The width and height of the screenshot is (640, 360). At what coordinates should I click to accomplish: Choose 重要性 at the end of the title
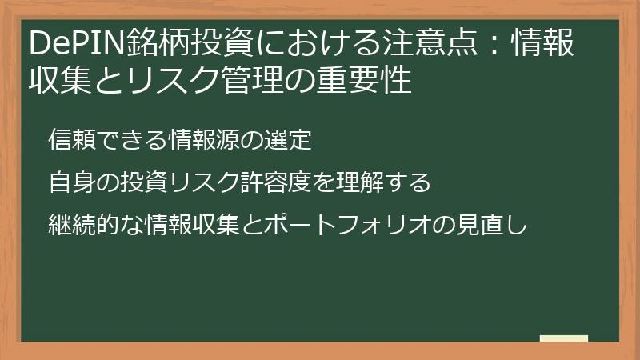click(369, 80)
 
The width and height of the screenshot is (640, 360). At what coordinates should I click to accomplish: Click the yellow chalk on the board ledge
click(564, 338)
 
